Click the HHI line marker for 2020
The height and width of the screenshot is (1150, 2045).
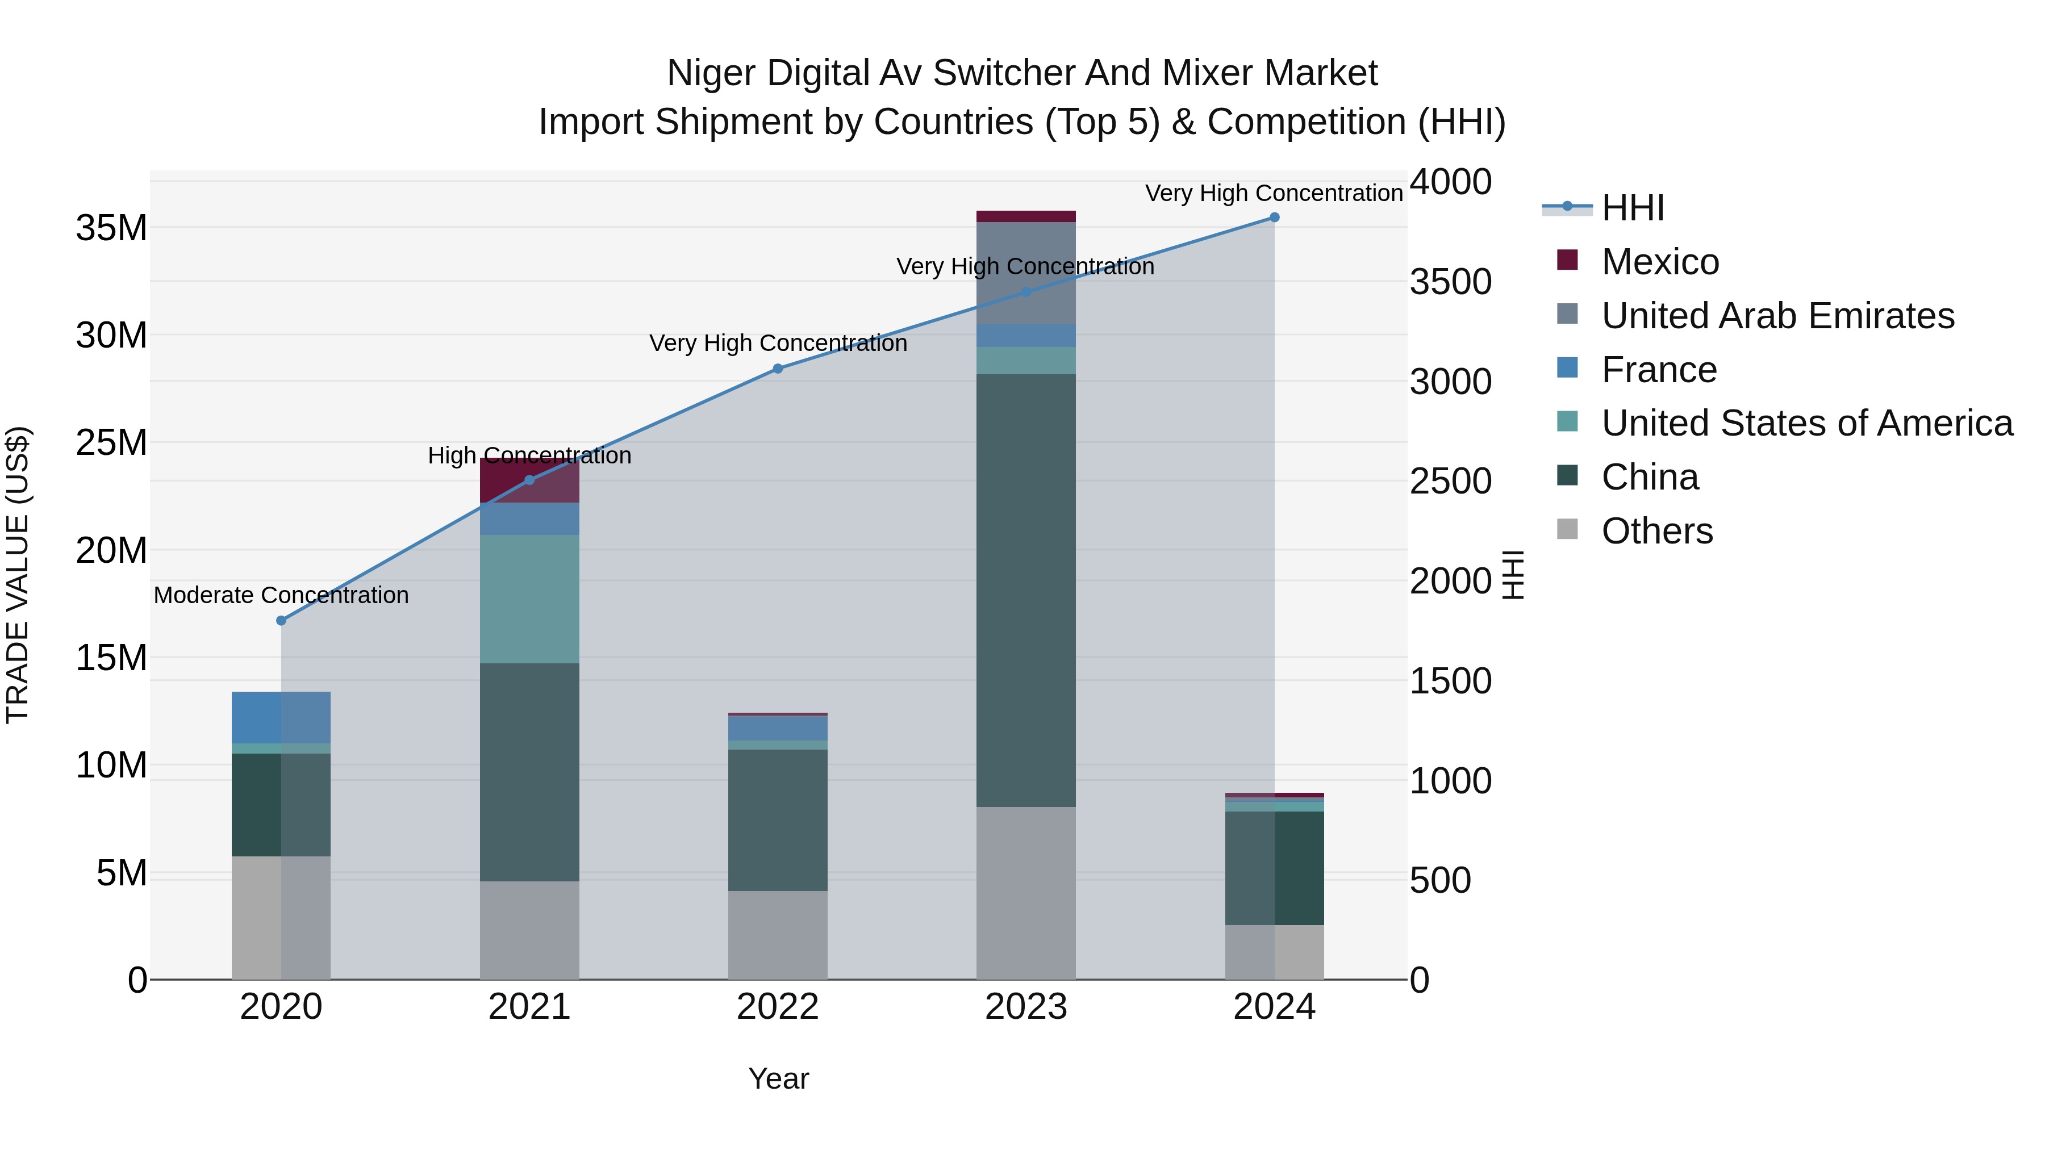281,621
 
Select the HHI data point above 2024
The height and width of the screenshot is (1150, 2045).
1274,218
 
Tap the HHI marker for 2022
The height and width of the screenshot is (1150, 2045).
778,368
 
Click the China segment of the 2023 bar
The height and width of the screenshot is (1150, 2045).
1026,591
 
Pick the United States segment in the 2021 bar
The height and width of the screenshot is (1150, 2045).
529,599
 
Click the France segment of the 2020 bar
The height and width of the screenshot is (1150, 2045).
281,717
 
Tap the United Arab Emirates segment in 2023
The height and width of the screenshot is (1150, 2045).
1026,273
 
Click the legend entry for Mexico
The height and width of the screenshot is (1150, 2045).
1659,262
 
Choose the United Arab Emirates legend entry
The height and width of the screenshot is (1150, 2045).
1777,316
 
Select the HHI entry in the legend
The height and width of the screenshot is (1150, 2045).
1632,208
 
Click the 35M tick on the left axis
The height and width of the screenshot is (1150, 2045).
111,228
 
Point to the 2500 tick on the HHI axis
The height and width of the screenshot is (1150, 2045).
1450,481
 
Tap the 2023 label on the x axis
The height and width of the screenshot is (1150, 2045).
1026,1007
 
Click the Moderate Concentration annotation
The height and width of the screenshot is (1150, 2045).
281,595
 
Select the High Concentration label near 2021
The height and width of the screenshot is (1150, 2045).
529,455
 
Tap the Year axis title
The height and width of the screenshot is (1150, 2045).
778,1078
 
